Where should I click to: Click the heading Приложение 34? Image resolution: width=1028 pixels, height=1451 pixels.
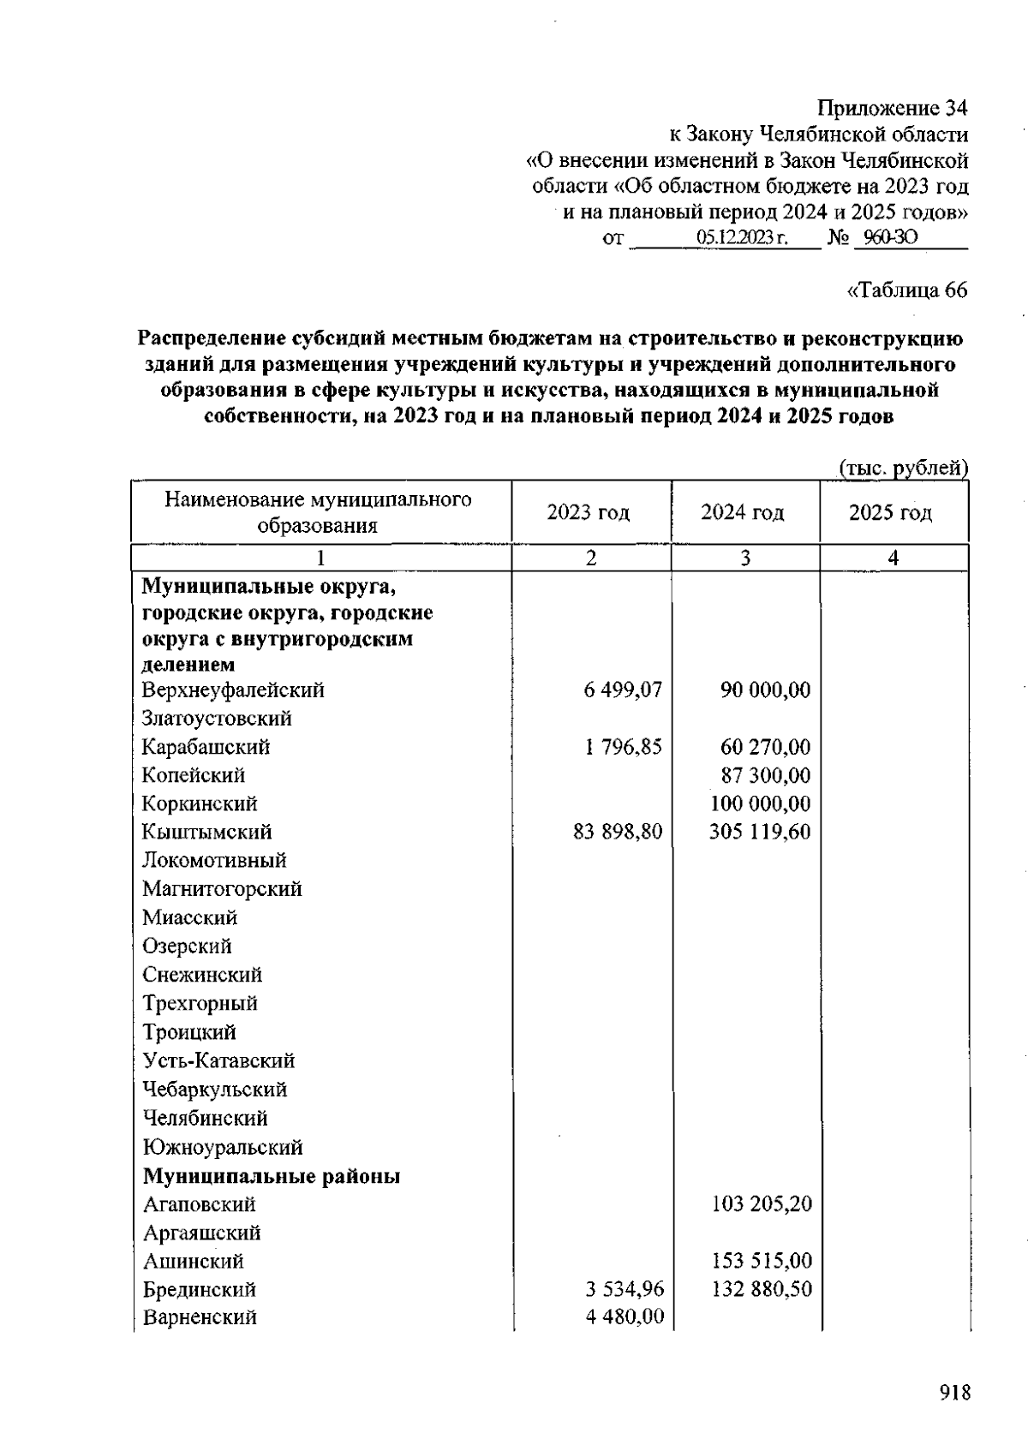coord(892,108)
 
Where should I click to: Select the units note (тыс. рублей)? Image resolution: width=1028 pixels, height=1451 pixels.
coord(902,468)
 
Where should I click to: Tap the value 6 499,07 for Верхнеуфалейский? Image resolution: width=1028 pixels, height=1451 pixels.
coord(623,690)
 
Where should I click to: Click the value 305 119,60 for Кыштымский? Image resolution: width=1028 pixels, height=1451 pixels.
coord(759,832)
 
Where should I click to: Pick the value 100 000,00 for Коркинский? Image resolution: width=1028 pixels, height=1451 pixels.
coord(760,803)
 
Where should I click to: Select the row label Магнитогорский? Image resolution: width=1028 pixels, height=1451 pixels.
coord(222,889)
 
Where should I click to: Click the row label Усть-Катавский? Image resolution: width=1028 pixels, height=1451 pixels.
coord(218,1060)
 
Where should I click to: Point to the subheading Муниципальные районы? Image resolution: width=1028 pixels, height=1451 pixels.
coord(272,1176)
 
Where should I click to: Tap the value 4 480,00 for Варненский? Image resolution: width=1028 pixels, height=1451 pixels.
coord(625,1317)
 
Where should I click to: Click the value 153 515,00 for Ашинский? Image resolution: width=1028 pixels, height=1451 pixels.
coord(761,1261)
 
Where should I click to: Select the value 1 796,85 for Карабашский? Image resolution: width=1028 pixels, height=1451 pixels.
coord(624,747)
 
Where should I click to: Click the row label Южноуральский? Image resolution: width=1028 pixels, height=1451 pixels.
coord(223,1147)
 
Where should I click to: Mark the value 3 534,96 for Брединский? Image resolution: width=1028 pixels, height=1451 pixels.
coord(625,1289)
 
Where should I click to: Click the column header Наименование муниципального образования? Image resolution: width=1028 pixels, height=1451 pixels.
coord(318,512)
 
